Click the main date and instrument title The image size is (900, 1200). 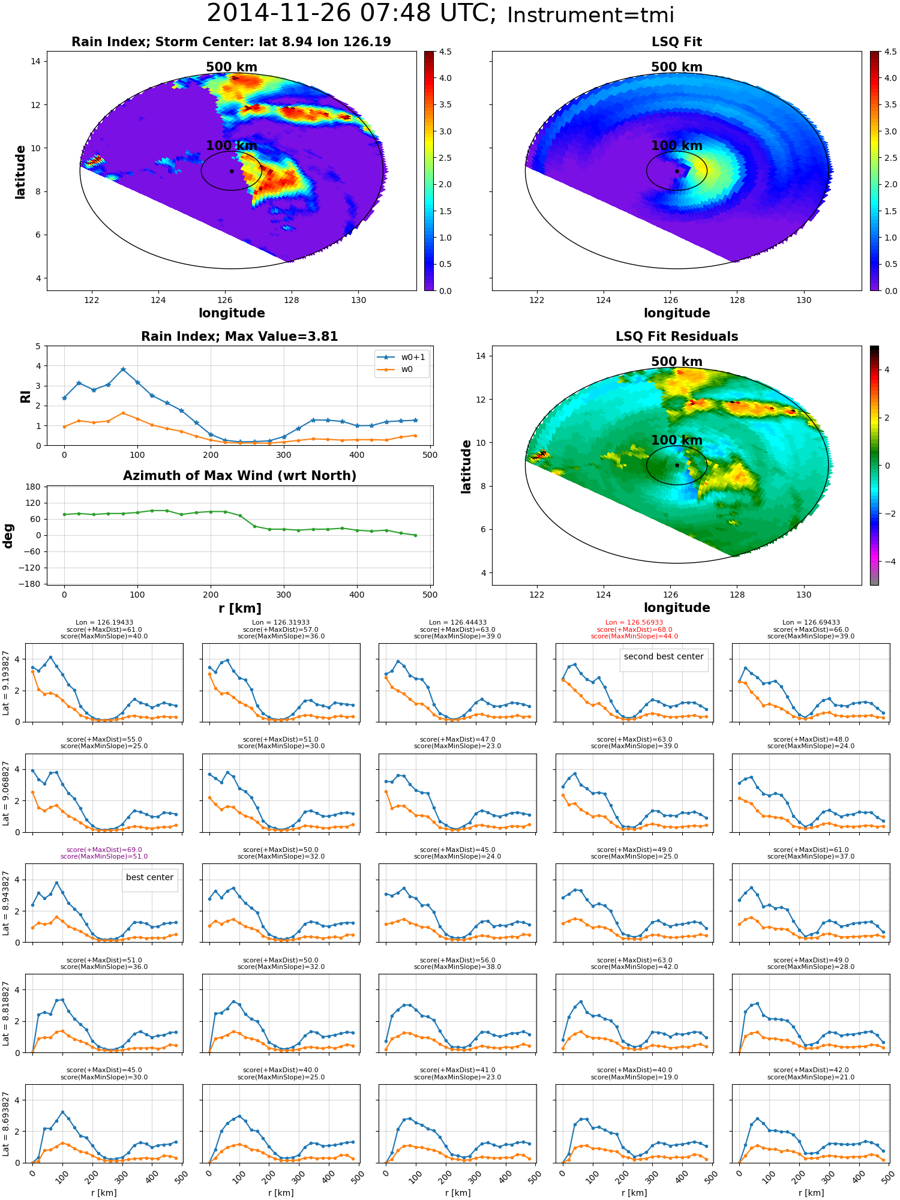(440, 14)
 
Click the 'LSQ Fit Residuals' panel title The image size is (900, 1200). (677, 337)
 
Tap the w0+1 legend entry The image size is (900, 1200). (401, 357)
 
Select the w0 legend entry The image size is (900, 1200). (395, 369)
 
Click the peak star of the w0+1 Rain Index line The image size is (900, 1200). (123, 370)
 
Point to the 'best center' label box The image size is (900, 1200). (149, 877)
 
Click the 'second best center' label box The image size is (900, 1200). (664, 656)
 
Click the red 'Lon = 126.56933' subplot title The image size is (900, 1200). (634, 623)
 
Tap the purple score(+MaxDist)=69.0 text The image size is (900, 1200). (104, 850)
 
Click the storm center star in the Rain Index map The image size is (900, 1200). (232, 171)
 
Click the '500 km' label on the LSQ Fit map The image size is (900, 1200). (677, 67)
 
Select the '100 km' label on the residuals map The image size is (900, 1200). (677, 440)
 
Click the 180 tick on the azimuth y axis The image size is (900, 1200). (33, 487)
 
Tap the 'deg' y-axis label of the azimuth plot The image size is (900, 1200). (8, 536)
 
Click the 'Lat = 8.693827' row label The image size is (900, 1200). (6, 1124)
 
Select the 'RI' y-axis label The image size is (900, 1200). (25, 397)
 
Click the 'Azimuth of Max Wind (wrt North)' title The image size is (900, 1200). (239, 476)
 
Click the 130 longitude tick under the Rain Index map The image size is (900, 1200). (358, 300)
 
